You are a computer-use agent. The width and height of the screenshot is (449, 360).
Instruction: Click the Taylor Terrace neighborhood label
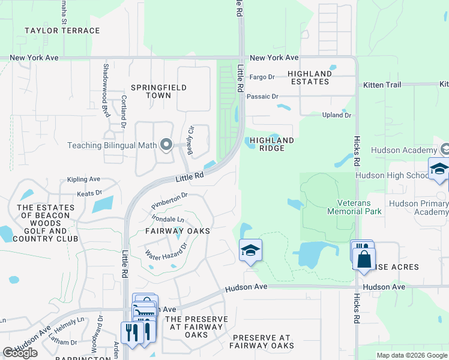point(62,31)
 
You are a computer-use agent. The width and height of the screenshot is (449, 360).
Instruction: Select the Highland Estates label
point(309,77)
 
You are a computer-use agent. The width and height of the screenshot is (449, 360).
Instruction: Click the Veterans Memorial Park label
point(354,207)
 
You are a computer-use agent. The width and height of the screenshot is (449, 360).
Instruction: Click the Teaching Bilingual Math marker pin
point(167,145)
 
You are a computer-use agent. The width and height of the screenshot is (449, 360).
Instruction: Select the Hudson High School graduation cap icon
point(438,169)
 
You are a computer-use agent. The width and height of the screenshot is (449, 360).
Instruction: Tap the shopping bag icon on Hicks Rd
point(364,260)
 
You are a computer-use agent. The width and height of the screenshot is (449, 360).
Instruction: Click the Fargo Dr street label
point(262,77)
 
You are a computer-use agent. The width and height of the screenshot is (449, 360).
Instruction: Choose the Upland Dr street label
point(336,115)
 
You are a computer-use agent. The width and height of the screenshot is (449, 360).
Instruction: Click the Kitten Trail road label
point(382,85)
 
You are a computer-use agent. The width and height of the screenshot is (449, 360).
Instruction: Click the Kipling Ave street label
point(84,179)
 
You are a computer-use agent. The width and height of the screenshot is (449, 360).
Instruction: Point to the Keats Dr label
point(89,194)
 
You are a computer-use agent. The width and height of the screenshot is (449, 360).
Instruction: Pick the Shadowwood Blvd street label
point(106,90)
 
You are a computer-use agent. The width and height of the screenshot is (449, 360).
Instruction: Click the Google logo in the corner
point(20,353)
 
